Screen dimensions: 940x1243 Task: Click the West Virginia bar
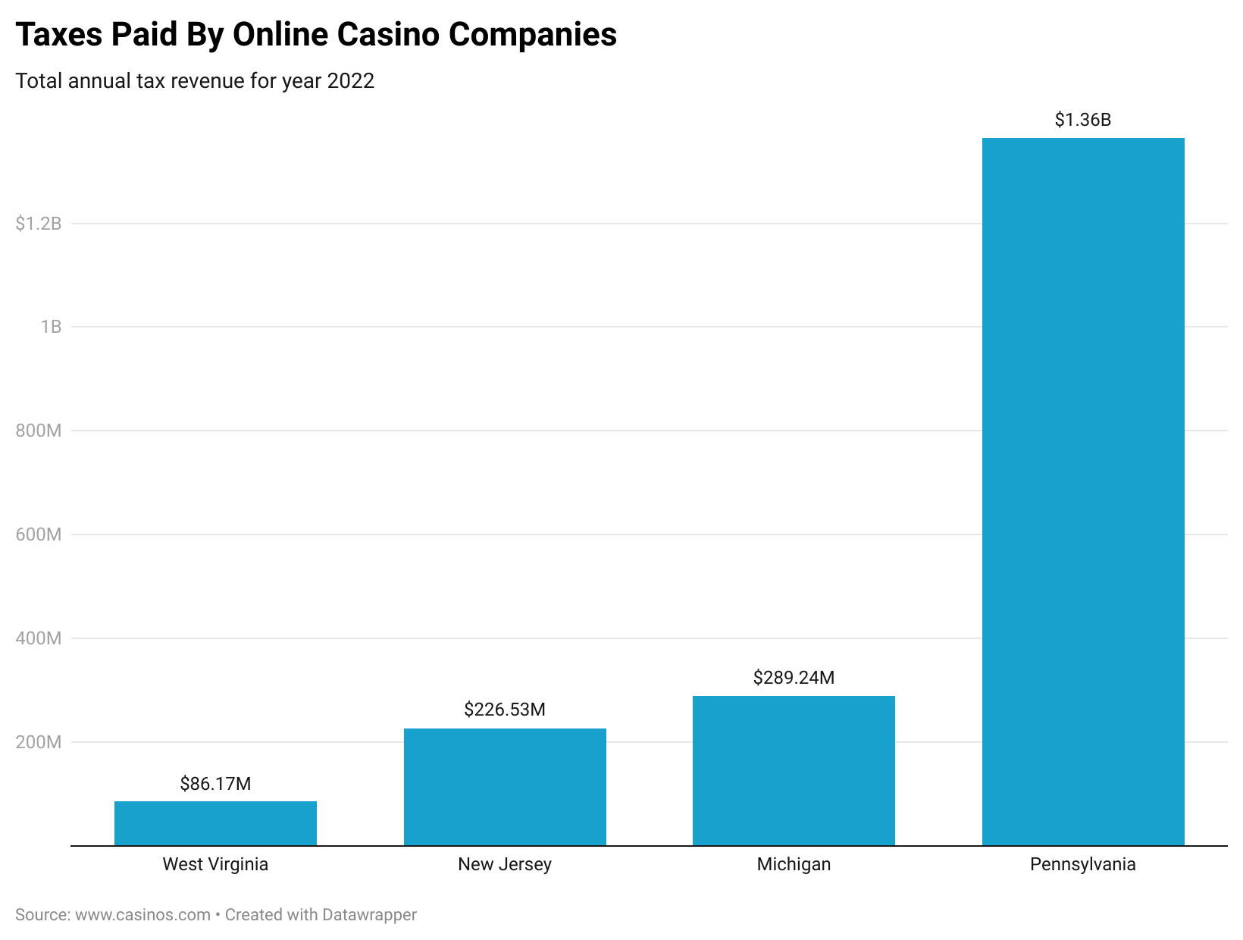coord(215,823)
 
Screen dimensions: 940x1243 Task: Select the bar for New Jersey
coord(505,787)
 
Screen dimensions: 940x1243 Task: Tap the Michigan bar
coord(794,770)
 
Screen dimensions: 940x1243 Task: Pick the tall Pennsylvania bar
coord(1083,491)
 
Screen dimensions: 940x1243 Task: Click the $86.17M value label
coord(215,784)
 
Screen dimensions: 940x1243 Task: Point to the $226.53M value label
coord(505,710)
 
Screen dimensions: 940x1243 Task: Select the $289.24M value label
coord(794,678)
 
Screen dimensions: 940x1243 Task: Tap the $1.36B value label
coord(1083,120)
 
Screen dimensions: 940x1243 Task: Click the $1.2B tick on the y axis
coord(39,224)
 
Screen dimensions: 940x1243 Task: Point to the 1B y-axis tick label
coord(51,327)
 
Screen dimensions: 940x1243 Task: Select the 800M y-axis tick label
coord(39,431)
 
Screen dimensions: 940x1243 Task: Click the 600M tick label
coord(39,534)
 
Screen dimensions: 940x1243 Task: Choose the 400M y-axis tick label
coord(39,638)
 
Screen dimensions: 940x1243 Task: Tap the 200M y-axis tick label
coord(39,742)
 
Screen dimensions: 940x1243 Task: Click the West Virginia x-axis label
coord(215,864)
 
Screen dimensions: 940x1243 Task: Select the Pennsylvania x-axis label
coord(1083,864)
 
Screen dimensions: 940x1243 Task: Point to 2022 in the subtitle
coord(351,81)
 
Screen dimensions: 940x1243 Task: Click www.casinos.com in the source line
coord(142,915)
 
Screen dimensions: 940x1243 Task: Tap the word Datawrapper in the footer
coord(369,915)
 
